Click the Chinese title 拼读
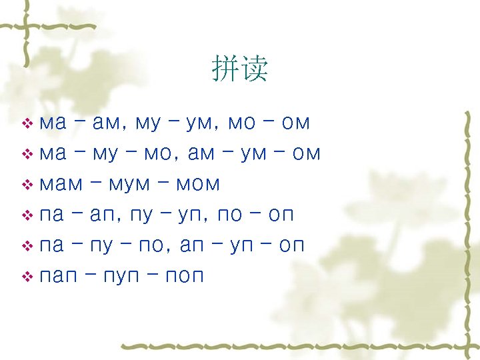click(x=240, y=69)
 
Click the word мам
click(x=59, y=183)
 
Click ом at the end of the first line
click(x=295, y=123)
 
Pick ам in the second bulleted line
click(x=202, y=154)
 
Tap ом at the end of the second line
click(x=306, y=154)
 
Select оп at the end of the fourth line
click(x=280, y=215)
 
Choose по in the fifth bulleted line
click(x=153, y=246)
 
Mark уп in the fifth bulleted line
click(x=242, y=246)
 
